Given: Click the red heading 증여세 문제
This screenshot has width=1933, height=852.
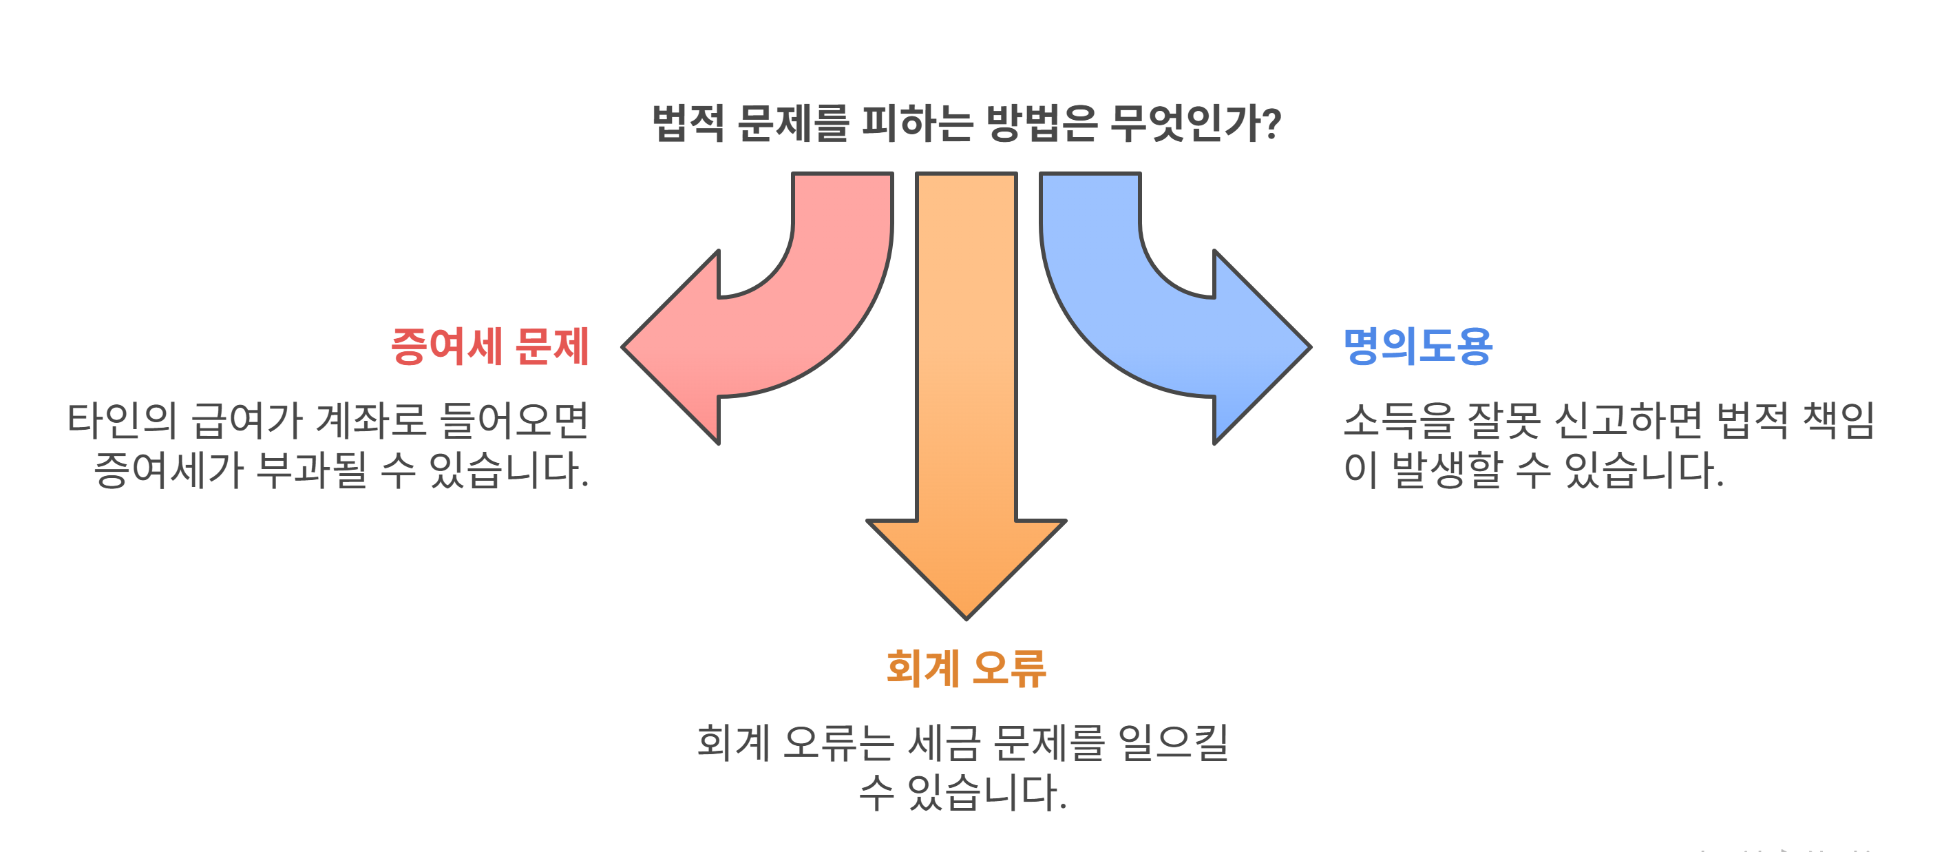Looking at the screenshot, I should pos(490,347).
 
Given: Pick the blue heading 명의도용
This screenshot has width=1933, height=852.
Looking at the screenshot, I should pos(1417,347).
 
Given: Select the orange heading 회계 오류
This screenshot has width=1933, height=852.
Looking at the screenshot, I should pos(966,668).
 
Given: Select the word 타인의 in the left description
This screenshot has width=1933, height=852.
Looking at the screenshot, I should pos(123,420).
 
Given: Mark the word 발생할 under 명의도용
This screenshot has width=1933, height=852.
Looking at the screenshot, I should pos(1448,470).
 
